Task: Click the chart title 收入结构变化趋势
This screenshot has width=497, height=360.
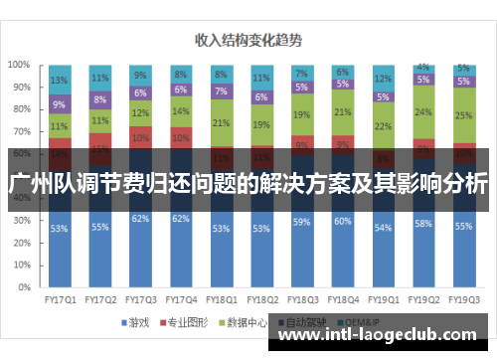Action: point(248,41)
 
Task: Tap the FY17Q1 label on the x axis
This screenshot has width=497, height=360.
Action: point(59,297)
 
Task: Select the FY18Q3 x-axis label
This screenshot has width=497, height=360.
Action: point(301,297)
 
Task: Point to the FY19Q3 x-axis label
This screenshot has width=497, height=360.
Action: point(463,297)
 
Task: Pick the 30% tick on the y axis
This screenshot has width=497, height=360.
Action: point(20,226)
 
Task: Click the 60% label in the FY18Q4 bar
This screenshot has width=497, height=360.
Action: point(342,221)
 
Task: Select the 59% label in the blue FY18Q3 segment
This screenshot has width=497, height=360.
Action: point(301,222)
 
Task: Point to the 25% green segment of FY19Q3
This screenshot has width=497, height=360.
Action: point(463,115)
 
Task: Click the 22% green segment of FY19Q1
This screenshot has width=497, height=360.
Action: point(383,126)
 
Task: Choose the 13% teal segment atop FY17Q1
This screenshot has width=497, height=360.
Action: point(59,80)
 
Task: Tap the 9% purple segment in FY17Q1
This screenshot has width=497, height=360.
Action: point(59,103)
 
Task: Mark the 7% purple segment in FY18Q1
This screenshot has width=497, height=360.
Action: point(221,90)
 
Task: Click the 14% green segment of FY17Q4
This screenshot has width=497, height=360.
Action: point(180,112)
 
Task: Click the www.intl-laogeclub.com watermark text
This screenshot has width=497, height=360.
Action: point(377,337)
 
